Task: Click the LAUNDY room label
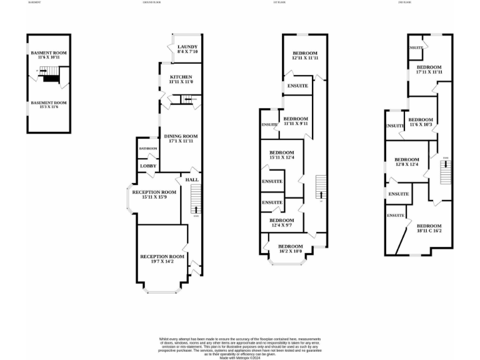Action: click(187, 49)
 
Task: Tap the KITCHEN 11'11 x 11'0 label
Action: click(181, 79)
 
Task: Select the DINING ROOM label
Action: click(181, 139)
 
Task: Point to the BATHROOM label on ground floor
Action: click(148, 148)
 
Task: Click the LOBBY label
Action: click(148, 166)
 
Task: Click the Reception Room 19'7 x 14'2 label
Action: click(162, 259)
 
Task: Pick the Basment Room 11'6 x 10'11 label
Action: click(49, 56)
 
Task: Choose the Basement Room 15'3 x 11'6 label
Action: click(49, 105)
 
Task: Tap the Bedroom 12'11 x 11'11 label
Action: click(305, 56)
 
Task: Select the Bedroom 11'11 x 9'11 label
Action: click(295, 121)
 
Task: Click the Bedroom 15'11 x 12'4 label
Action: click(281, 156)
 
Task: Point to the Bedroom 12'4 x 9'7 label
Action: click(281, 222)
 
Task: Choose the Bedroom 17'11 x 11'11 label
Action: click(429, 69)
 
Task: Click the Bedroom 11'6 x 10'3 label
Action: click(420, 122)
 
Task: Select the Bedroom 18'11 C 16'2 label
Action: click(429, 228)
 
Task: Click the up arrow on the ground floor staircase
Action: click(196, 209)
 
